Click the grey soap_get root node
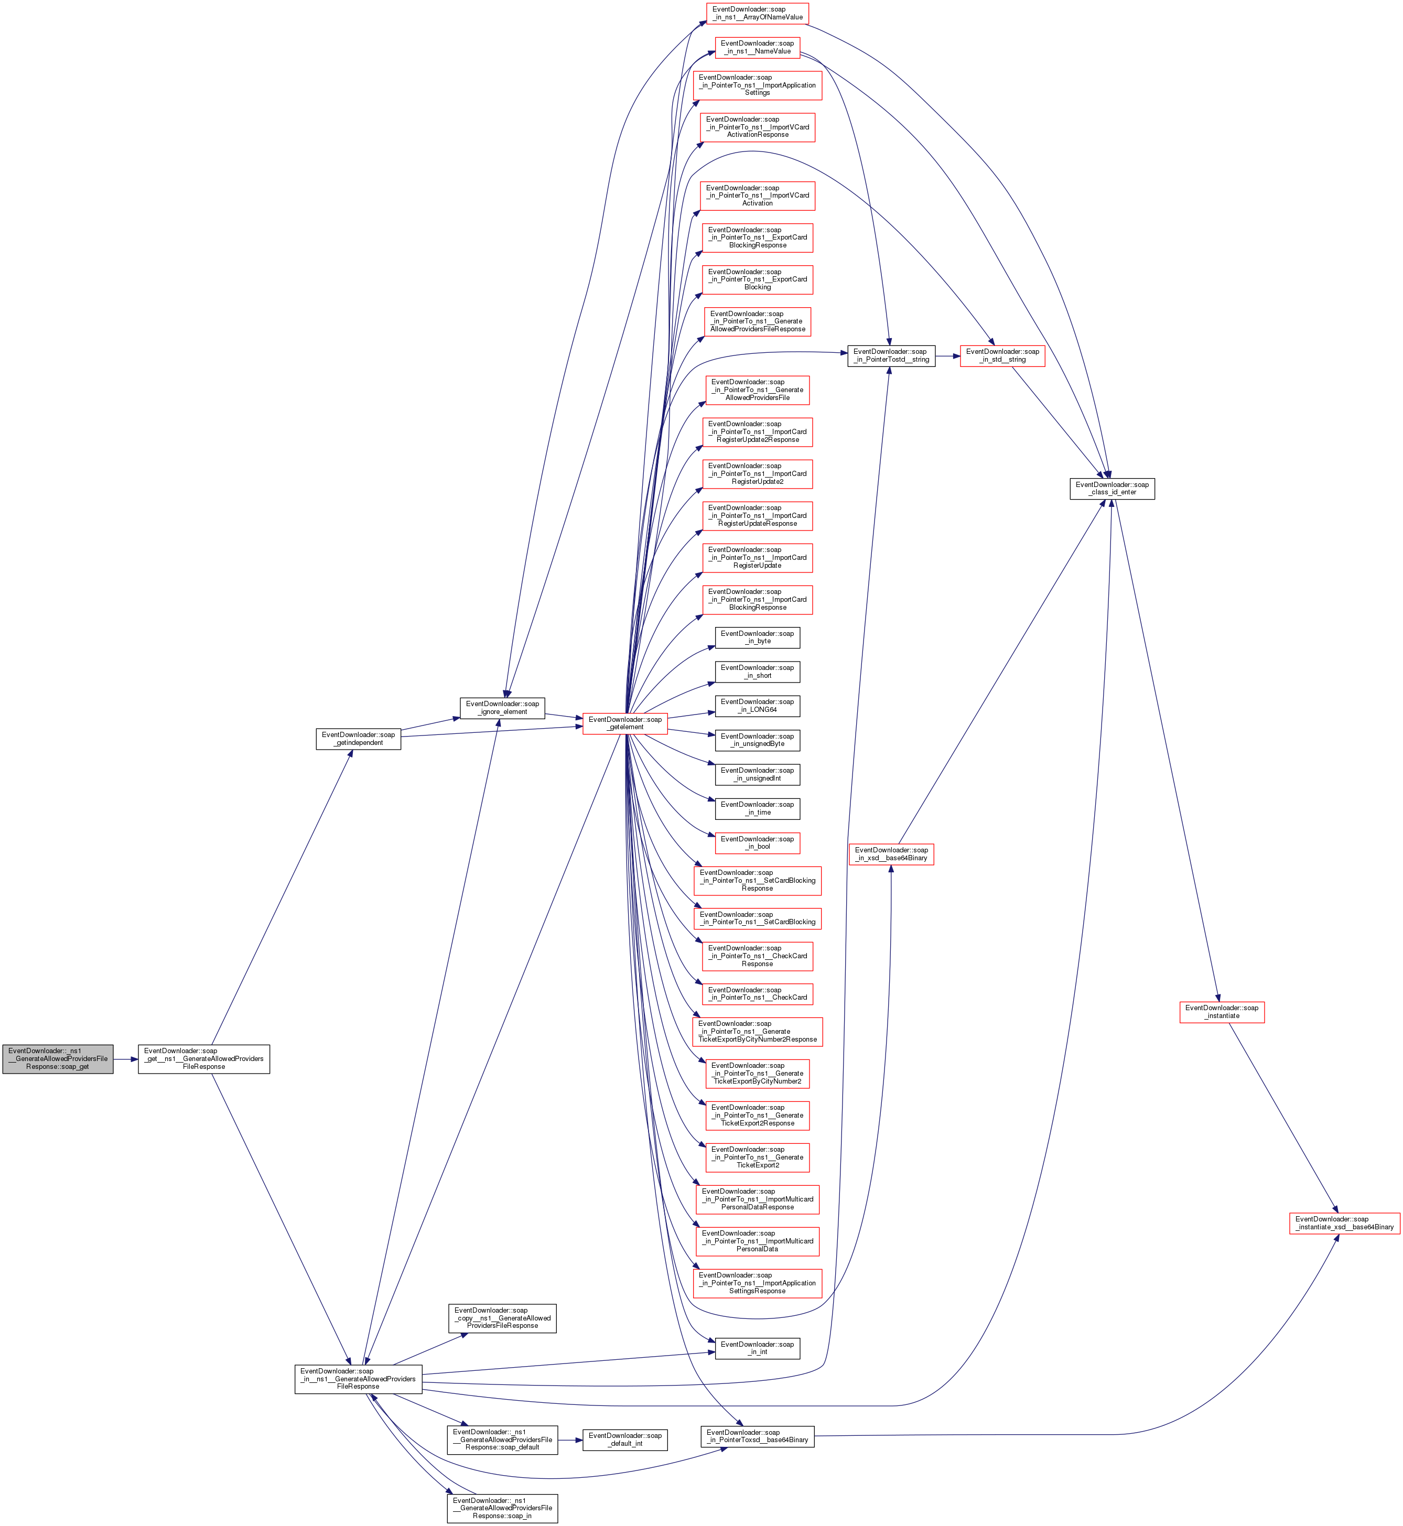tap(58, 1059)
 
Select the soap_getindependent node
tap(358, 739)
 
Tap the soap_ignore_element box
tap(503, 708)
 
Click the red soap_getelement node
tap(625, 723)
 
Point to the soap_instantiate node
tap(1222, 1012)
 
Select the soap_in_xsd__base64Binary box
tap(891, 854)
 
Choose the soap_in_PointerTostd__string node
tap(891, 356)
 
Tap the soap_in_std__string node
tap(1002, 356)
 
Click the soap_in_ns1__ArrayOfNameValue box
tap(757, 14)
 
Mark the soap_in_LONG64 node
tap(757, 706)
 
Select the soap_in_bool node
tap(757, 843)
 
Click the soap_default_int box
tap(625, 1440)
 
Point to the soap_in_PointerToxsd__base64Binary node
tap(757, 1436)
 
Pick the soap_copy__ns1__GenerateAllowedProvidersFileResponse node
tap(503, 1318)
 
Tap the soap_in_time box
tap(757, 808)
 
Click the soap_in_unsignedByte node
tap(757, 740)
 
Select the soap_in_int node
tap(757, 1348)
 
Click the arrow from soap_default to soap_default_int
tap(570, 1440)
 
